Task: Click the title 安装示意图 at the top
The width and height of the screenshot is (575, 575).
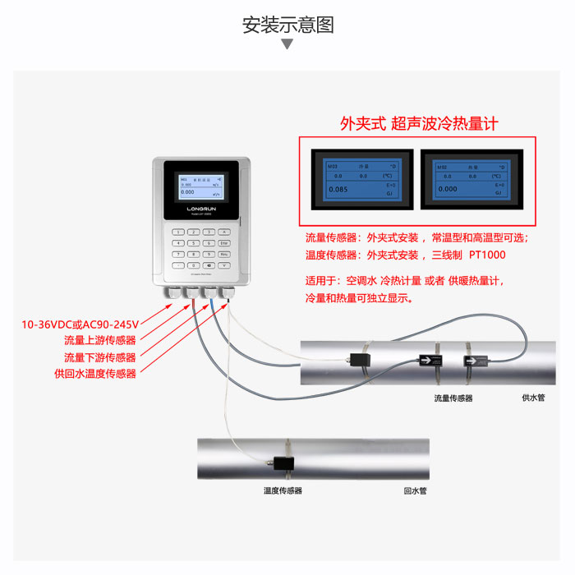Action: pyautogui.click(x=287, y=25)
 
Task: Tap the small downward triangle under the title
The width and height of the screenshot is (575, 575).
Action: pyautogui.click(x=287, y=44)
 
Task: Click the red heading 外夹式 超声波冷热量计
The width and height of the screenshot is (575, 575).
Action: pyautogui.click(x=419, y=124)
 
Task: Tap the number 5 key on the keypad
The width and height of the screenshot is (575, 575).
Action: pyautogui.click(x=194, y=243)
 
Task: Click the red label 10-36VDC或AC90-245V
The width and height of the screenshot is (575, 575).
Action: pyautogui.click(x=80, y=324)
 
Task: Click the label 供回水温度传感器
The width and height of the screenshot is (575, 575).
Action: pyautogui.click(x=95, y=374)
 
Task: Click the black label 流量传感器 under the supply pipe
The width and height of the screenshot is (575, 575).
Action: pyautogui.click(x=453, y=398)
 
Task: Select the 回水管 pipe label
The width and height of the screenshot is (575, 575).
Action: pyautogui.click(x=415, y=490)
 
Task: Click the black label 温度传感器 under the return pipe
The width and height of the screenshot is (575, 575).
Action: pyautogui.click(x=283, y=490)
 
